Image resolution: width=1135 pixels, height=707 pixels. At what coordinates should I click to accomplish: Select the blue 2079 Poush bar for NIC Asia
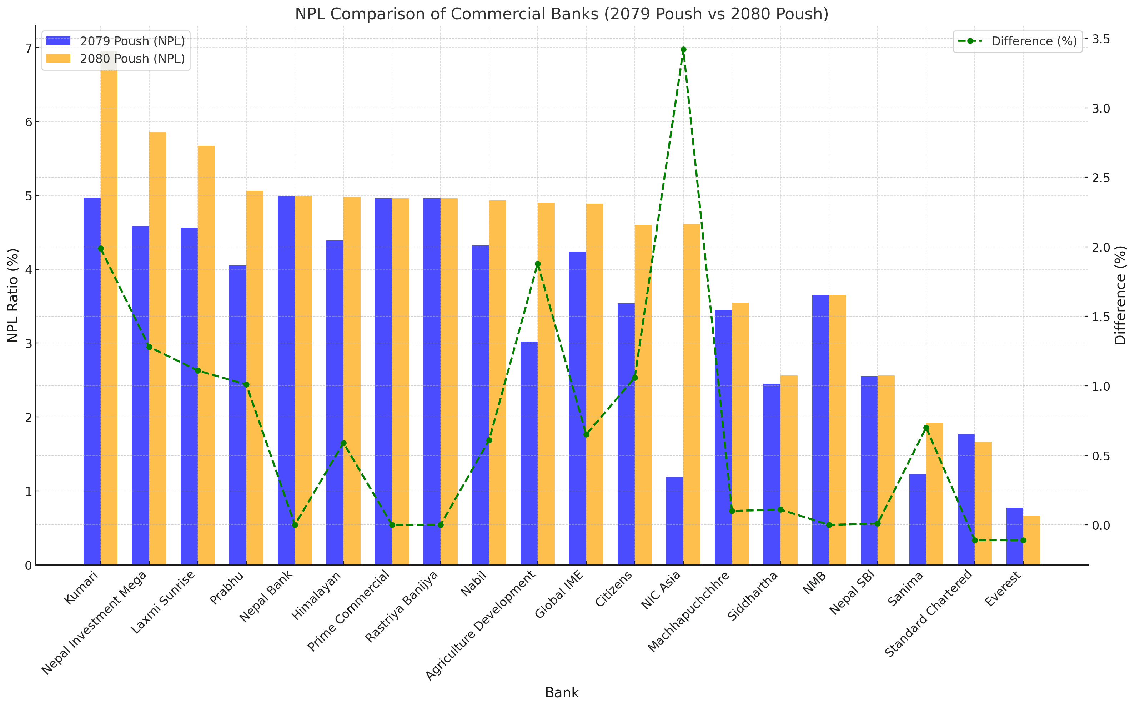(674, 521)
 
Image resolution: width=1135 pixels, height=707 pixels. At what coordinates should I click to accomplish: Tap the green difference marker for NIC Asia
(683, 50)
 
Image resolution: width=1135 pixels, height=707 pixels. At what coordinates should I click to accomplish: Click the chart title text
(562, 14)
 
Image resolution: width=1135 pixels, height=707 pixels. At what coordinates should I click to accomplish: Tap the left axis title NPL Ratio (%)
(13, 295)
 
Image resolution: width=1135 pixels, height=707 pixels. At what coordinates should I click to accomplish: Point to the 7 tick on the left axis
(29, 48)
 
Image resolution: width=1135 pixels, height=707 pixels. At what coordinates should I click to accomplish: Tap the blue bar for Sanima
(917, 519)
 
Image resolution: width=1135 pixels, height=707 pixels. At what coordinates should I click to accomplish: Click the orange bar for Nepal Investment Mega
(157, 348)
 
